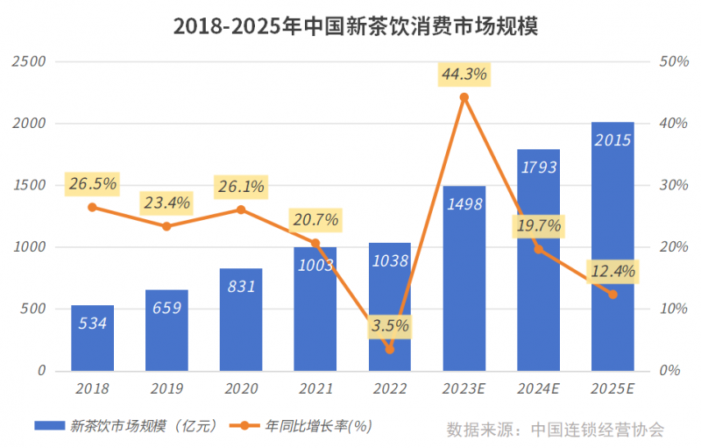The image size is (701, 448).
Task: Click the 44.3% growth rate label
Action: (464, 74)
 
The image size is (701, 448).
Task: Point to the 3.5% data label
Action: (389, 325)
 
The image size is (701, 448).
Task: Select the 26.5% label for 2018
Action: (92, 185)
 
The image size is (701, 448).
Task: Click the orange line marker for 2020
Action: (241, 210)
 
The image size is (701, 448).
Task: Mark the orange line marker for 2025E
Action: (612, 295)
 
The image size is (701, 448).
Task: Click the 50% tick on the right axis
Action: (672, 61)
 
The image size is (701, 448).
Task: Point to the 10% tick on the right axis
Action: (672, 309)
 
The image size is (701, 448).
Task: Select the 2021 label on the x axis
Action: (315, 387)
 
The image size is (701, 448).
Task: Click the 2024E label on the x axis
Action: (538, 387)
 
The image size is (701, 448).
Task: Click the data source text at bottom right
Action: (555, 430)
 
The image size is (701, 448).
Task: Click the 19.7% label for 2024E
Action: (538, 226)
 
